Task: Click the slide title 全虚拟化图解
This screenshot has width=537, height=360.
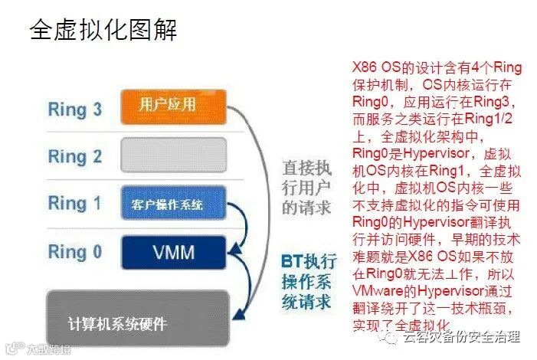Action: point(104,31)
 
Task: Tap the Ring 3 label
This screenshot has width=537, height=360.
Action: point(75,110)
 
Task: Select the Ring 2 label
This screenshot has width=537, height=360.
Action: point(75,156)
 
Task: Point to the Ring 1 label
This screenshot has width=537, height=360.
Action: point(75,203)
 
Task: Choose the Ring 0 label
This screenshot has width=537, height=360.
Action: point(75,250)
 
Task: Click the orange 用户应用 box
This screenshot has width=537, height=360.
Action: point(173,106)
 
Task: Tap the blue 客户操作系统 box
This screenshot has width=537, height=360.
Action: point(173,205)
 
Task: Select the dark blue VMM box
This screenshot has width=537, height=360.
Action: point(173,252)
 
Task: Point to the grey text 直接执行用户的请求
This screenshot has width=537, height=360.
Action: point(307,185)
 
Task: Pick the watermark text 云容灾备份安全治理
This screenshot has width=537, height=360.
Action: point(468,336)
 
